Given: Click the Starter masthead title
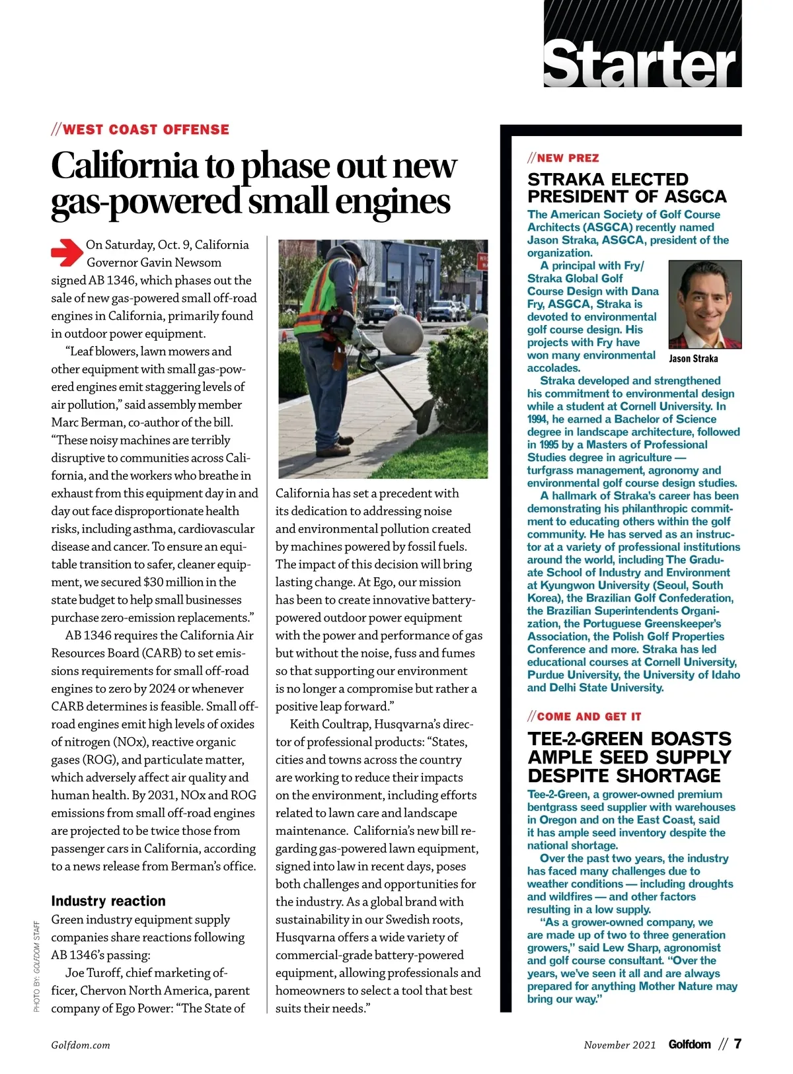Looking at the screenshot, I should point(640,64).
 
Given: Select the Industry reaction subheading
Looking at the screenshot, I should point(108,901).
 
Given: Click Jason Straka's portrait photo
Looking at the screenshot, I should point(705,304).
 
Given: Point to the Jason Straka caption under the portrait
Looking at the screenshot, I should point(693,359).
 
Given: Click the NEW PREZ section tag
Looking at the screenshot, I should point(563,158).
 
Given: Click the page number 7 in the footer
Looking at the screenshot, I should point(737,1044).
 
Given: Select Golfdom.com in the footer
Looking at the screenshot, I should point(81,1045).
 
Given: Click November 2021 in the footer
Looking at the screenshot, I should point(620,1045).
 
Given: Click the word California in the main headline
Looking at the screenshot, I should point(124,165).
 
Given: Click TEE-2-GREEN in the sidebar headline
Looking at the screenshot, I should point(584,739).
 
